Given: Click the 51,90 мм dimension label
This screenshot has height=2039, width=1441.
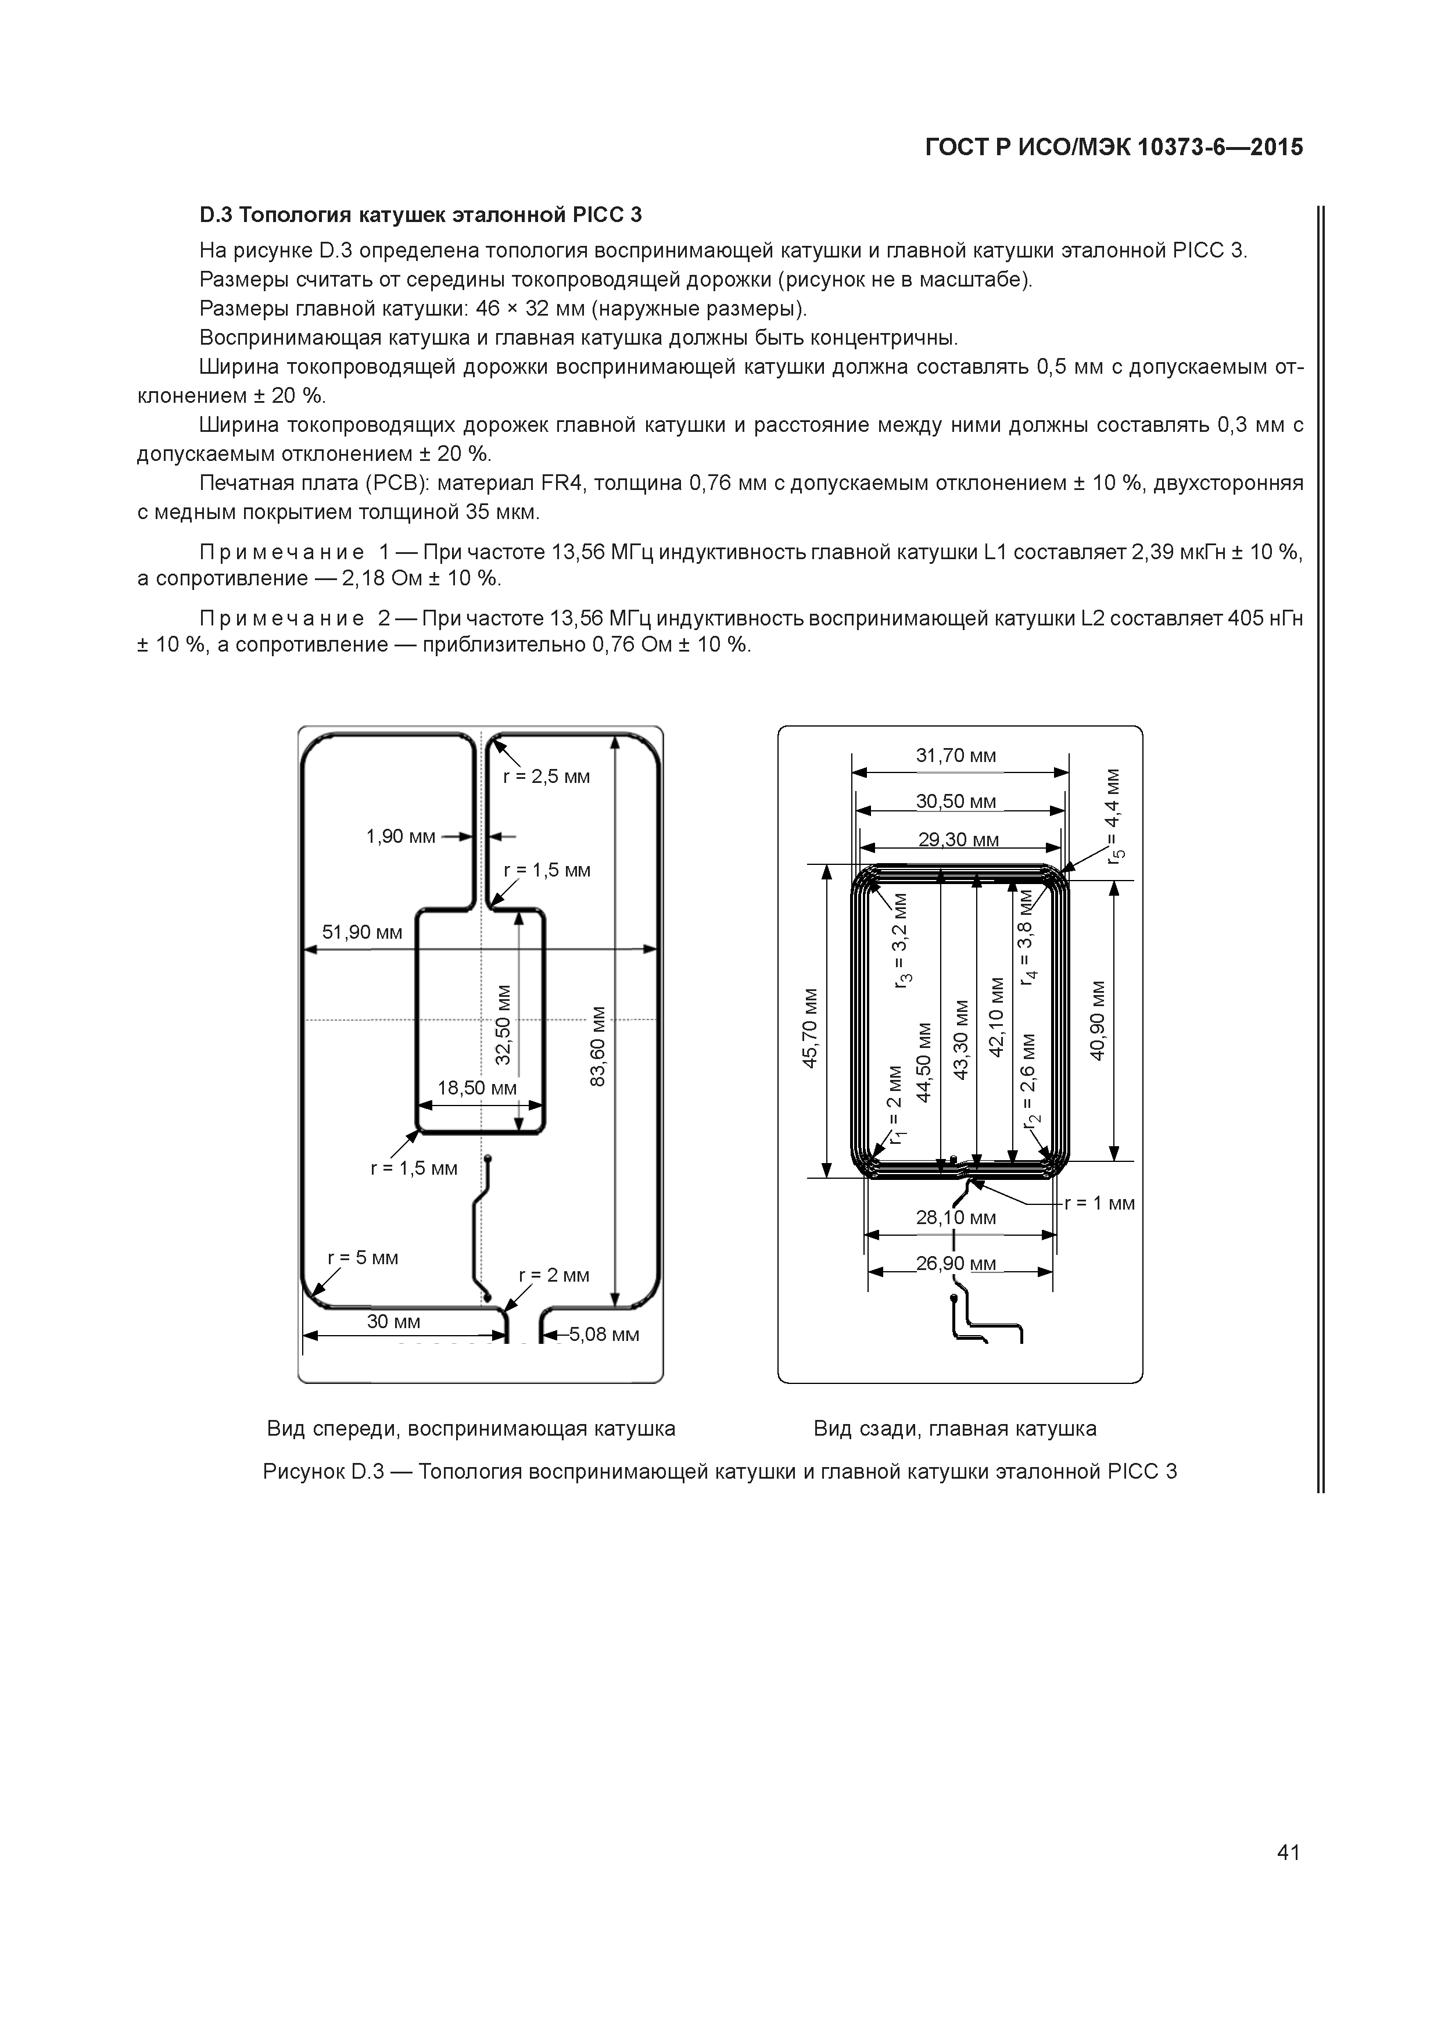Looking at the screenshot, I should (x=361, y=932).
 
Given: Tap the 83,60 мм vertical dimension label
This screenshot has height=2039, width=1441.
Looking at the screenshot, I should (x=598, y=1045).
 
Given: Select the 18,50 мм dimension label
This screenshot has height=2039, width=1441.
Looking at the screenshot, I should (x=477, y=1088).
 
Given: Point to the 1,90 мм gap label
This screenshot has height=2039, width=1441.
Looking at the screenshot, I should (x=400, y=836).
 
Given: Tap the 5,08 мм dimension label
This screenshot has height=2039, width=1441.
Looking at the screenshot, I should (x=604, y=1335).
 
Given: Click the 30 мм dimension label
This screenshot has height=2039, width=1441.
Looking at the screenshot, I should (x=393, y=1321).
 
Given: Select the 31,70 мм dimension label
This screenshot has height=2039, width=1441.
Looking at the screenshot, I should (x=956, y=756).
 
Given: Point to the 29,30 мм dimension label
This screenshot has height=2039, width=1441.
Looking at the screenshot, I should (x=958, y=839).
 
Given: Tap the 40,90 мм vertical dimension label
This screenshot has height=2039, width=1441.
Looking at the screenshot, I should (x=1098, y=1019).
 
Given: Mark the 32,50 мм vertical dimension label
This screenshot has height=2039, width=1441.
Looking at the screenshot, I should (x=503, y=1024).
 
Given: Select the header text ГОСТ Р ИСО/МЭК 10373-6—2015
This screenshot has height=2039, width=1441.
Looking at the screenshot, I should (x=1114, y=148).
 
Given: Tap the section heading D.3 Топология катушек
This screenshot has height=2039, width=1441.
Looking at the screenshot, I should (x=420, y=215).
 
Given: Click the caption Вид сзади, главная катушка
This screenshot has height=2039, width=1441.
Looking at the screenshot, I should (x=955, y=1428).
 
